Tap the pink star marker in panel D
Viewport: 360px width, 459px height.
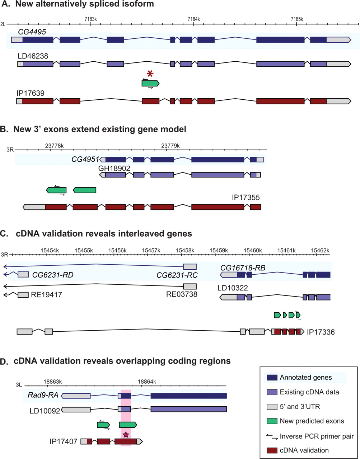pyautogui.click(x=126, y=435)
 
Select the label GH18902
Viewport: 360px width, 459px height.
pyautogui.click(x=114, y=167)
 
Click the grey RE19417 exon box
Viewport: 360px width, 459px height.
pyautogui.click(x=23, y=295)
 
